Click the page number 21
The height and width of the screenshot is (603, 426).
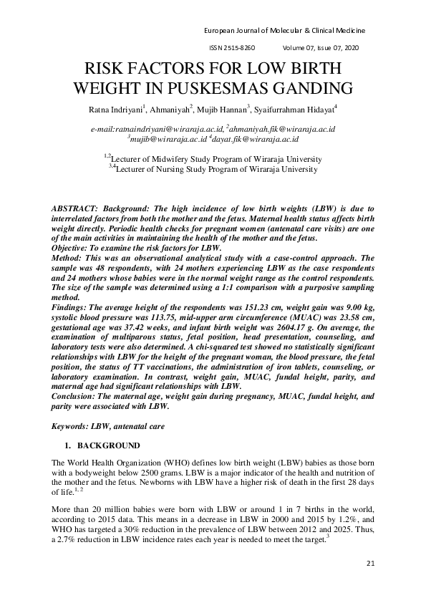(x=370, y=563)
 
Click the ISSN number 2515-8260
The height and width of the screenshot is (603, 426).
(x=240, y=47)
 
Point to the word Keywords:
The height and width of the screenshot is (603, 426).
(x=71, y=426)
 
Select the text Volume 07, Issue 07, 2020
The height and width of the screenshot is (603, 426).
(x=321, y=47)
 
